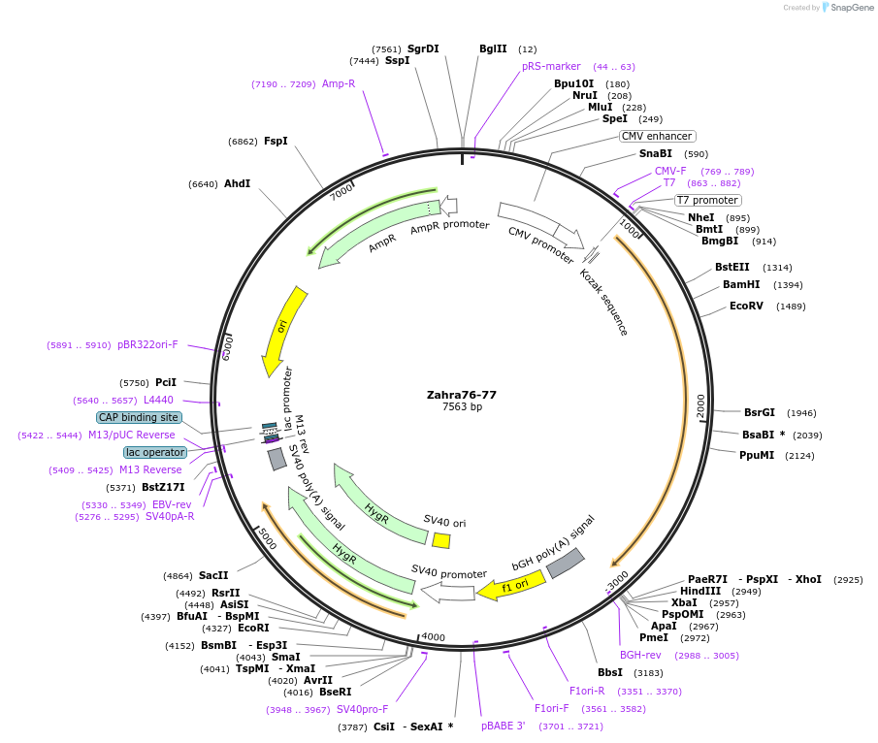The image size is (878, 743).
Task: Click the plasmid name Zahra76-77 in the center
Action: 462,395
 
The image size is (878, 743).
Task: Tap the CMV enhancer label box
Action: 657,136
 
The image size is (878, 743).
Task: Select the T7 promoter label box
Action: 707,201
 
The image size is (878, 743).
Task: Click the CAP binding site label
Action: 139,417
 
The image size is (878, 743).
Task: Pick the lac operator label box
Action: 154,452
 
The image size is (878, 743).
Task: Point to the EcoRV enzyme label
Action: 747,307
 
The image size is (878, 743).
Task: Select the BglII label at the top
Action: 493,48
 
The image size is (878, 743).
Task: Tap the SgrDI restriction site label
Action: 423,48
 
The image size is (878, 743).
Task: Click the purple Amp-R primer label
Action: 339,83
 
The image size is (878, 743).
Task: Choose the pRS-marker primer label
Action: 551,66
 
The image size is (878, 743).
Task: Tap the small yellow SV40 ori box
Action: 441,540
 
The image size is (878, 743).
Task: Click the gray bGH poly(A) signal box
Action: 566,564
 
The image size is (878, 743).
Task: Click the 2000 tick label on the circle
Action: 700,405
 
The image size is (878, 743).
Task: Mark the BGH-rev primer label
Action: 640,655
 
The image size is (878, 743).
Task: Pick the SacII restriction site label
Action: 213,575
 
